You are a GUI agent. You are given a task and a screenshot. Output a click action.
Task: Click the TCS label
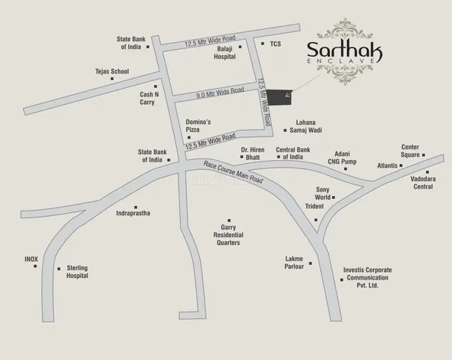point(275,44)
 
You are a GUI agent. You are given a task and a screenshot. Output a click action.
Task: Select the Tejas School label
point(112,71)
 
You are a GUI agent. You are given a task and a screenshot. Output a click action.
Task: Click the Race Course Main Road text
point(233,173)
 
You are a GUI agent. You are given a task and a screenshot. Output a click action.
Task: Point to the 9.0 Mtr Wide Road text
point(220,92)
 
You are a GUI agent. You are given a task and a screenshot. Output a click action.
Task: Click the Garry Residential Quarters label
point(228,235)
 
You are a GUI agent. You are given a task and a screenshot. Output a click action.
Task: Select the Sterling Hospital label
point(77,273)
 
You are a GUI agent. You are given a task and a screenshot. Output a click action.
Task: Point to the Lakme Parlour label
point(294,263)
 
